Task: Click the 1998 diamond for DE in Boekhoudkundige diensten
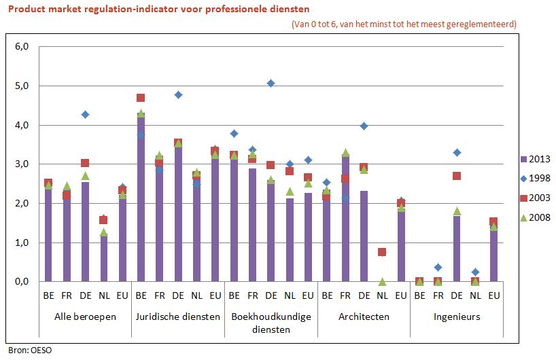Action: click(x=271, y=84)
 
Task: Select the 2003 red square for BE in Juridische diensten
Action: click(x=141, y=98)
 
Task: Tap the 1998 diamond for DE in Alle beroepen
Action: click(x=85, y=115)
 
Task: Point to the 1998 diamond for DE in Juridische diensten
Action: click(x=178, y=95)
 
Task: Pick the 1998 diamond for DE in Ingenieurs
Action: click(x=457, y=153)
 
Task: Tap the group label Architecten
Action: click(x=364, y=317)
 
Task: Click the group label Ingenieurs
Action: click(x=457, y=317)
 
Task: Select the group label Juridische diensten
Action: click(x=177, y=317)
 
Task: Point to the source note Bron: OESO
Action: click(x=29, y=350)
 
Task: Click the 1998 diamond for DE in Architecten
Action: click(x=364, y=126)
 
